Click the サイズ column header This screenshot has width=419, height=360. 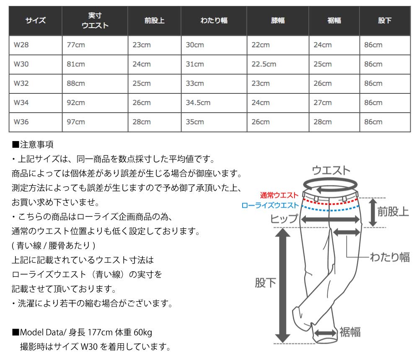click(36, 21)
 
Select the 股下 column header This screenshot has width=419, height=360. click(384, 21)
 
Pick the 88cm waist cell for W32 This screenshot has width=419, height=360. click(76, 83)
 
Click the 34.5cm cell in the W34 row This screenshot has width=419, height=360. click(198, 103)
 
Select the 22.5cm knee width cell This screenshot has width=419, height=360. click(264, 64)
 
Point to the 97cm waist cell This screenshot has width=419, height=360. click(76, 122)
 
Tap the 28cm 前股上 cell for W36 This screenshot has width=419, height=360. click(142, 122)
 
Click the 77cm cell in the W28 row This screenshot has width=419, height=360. click(76, 45)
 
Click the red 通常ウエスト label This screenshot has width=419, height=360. click(279, 195)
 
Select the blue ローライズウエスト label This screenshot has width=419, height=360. click(270, 206)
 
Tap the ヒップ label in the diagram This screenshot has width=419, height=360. click(284, 219)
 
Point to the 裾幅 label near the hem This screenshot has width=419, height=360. click(350, 332)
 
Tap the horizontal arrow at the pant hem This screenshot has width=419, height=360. click(326, 333)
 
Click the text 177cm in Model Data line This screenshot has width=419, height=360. click(100, 333)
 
